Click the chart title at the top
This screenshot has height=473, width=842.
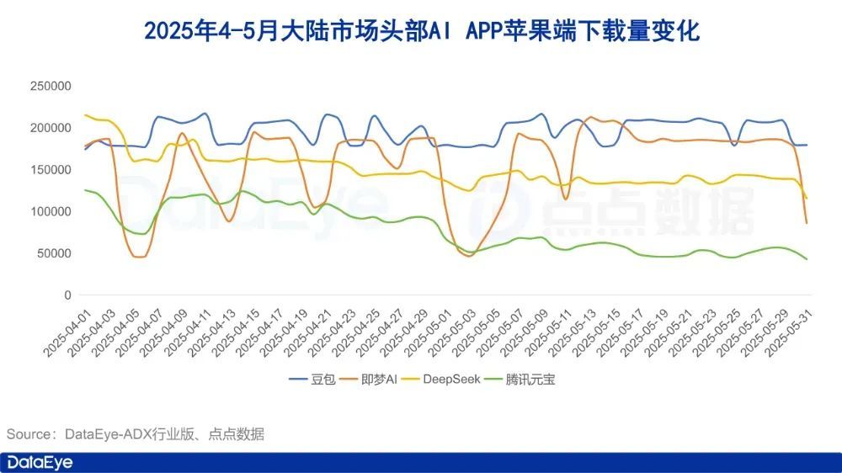tap(421, 31)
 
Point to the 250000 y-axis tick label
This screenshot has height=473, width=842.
tap(51, 86)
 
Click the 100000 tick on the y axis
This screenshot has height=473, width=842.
tap(51, 212)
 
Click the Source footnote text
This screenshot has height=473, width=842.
tap(136, 434)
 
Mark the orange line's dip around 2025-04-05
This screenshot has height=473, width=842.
tap(138, 257)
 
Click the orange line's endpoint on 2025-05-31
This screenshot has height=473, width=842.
tap(807, 223)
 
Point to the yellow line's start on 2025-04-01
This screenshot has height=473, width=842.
tap(85, 115)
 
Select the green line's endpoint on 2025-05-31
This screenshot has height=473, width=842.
tap(807, 259)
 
